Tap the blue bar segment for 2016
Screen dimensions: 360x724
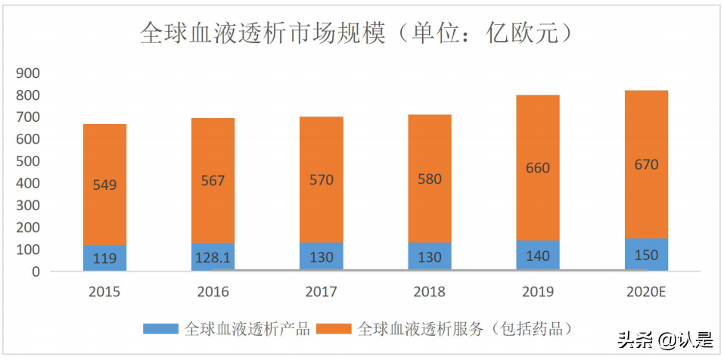213,257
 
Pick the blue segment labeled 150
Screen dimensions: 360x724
646,255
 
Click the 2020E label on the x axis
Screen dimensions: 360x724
646,292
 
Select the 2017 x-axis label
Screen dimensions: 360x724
321,292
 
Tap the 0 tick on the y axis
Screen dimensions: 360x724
36,272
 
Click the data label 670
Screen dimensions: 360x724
646,164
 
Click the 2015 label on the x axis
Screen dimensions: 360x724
105,292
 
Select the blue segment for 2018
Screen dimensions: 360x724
430,257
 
